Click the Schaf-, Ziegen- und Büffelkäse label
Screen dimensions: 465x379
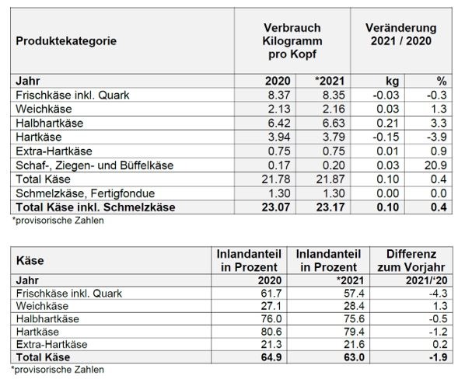pos(93,165)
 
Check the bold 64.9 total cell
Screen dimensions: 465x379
pos(264,357)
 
